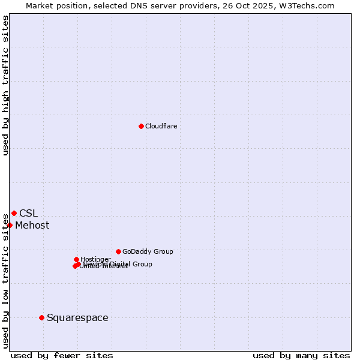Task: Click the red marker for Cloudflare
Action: click(141, 126)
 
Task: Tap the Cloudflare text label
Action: click(161, 126)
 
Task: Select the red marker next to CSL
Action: click(14, 213)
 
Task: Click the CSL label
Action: click(28, 213)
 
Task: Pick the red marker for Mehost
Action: click(10, 225)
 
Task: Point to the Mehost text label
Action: click(32, 226)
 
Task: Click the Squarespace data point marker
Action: click(41, 317)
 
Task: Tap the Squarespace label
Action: click(77, 317)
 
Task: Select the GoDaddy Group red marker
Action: click(118, 251)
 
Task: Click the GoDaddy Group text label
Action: click(148, 251)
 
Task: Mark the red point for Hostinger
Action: click(76, 259)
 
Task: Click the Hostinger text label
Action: click(95, 259)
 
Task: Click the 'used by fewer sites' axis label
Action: click(62, 355)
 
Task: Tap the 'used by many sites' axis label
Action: click(301, 355)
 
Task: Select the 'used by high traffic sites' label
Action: click(5, 85)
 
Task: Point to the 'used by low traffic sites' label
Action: click(5, 280)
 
